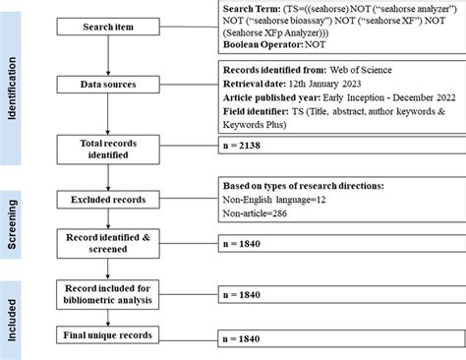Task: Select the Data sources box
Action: (112, 86)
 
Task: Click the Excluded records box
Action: (112, 199)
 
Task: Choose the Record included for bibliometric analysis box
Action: (112, 292)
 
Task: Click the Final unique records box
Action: (112, 336)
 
